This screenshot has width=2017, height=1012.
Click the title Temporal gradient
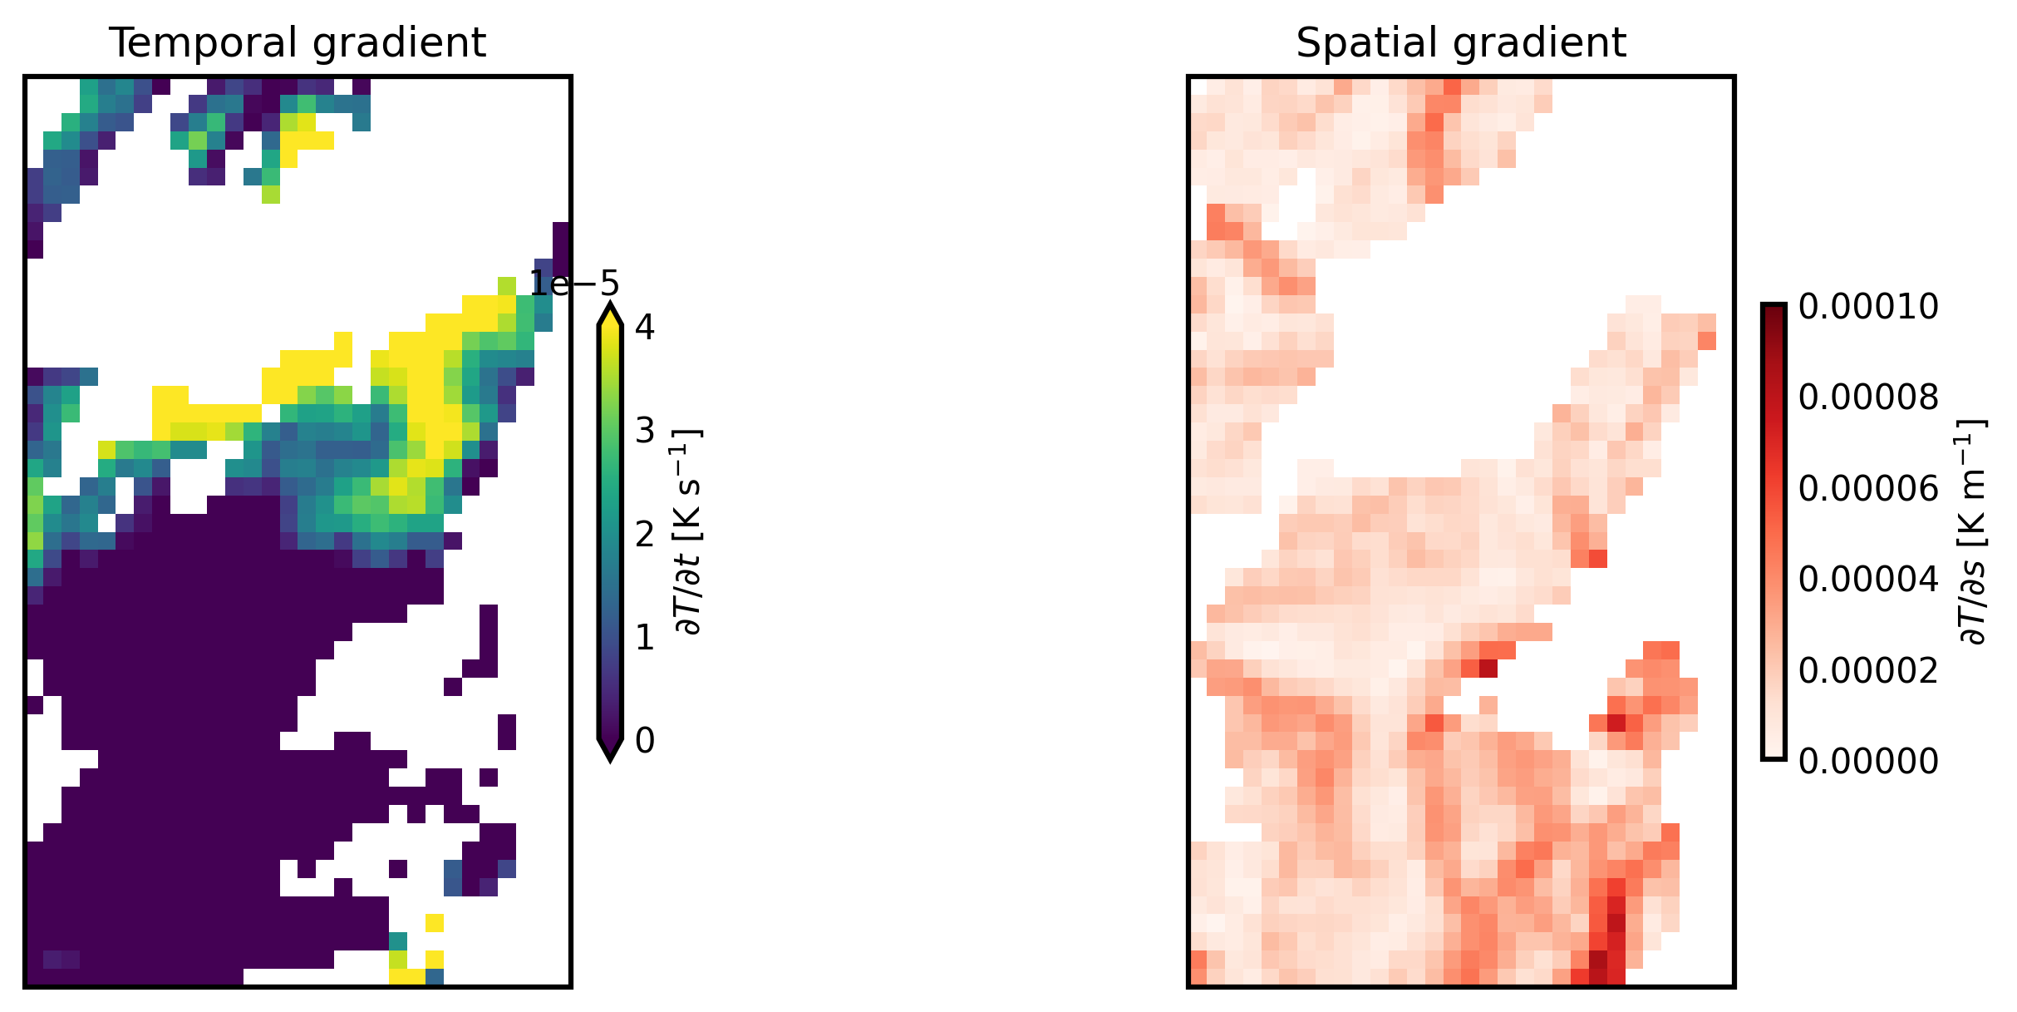pyautogui.click(x=298, y=43)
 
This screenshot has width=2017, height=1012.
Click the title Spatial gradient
pyautogui.click(x=1460, y=43)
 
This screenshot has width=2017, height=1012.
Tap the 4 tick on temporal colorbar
pyautogui.click(x=645, y=327)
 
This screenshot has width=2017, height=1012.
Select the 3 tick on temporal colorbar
pyautogui.click(x=645, y=431)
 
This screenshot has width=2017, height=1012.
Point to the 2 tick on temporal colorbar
pyautogui.click(x=645, y=534)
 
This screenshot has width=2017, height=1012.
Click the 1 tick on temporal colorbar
pyautogui.click(x=645, y=637)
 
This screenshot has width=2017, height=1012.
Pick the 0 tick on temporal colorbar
pyautogui.click(x=645, y=740)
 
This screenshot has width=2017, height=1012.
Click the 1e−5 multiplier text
pyautogui.click(x=574, y=284)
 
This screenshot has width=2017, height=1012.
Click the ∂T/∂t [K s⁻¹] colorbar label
pyautogui.click(x=689, y=532)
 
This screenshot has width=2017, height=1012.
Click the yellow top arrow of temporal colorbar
pyautogui.click(x=610, y=314)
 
